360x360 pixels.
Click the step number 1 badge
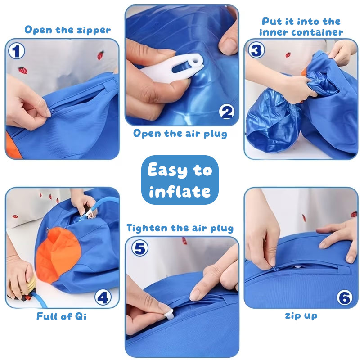[x=17, y=51]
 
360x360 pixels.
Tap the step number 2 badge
[x=227, y=112]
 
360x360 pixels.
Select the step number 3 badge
[x=256, y=50]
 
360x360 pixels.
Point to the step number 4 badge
[x=103, y=297]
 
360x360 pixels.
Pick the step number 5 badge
[x=140, y=248]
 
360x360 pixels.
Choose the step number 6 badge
[x=345, y=297]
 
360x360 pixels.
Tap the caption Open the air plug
[x=180, y=134]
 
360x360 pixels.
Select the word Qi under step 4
[x=81, y=317]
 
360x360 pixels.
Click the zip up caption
[x=301, y=316]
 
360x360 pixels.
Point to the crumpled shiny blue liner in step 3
[x=275, y=119]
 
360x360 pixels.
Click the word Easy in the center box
[x=167, y=170]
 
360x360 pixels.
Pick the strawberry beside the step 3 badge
[x=288, y=54]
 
